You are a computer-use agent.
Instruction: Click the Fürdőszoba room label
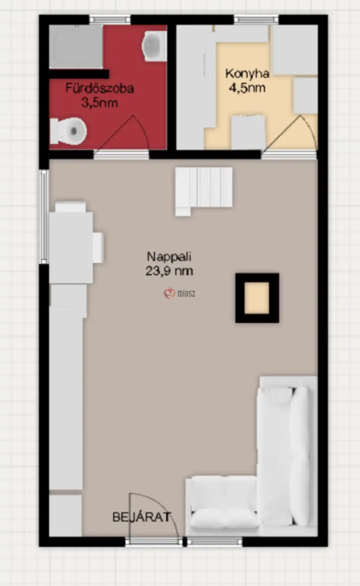pyautogui.click(x=100, y=88)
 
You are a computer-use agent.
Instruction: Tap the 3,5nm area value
pyautogui.click(x=99, y=103)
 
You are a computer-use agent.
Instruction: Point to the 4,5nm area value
pyautogui.click(x=247, y=88)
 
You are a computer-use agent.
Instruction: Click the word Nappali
pyautogui.click(x=169, y=256)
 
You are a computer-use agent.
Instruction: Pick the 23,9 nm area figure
pyautogui.click(x=169, y=271)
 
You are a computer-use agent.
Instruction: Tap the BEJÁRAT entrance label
pyautogui.click(x=141, y=517)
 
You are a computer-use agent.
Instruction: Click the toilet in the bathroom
pyautogui.click(x=68, y=131)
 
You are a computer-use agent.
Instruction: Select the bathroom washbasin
pyautogui.click(x=154, y=46)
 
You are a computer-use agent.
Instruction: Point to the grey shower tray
pyautogui.click(x=76, y=46)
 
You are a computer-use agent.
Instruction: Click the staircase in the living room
pyautogui.click(x=204, y=191)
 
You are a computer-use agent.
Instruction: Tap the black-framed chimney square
pyautogui.click(x=257, y=298)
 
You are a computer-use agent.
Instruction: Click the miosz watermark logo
pyautogui.click(x=180, y=293)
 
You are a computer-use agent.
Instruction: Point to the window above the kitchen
pyautogui.click(x=256, y=19)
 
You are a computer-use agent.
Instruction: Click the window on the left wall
pyautogui.click(x=44, y=217)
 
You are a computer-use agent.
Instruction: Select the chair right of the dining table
pyautogui.click(x=98, y=248)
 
